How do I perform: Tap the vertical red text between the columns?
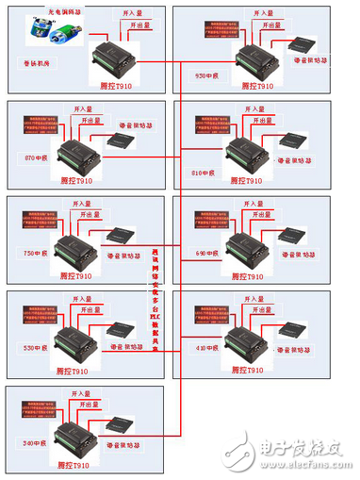(x=155, y=297)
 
